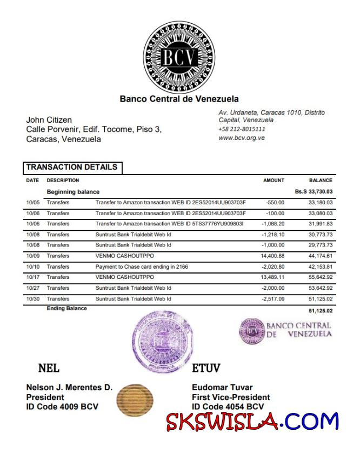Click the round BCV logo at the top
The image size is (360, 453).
pyautogui.click(x=179, y=56)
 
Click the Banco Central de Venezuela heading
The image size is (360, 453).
pyautogui.click(x=179, y=99)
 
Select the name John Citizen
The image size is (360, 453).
pyautogui.click(x=49, y=119)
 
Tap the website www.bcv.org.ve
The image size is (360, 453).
pyautogui.click(x=241, y=138)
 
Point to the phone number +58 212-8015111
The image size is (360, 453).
pyautogui.click(x=242, y=129)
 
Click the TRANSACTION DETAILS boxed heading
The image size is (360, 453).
pyautogui.click(x=72, y=168)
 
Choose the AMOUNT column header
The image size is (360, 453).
pyautogui.click(x=274, y=181)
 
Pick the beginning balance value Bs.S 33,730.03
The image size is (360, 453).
pyautogui.click(x=314, y=191)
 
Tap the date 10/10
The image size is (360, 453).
pyautogui.click(x=32, y=267)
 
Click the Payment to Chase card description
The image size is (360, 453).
pyautogui.click(x=142, y=267)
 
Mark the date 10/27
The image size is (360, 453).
pyautogui.click(x=32, y=288)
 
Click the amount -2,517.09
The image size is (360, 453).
pyautogui.click(x=274, y=299)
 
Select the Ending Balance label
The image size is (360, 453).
pyautogui.click(x=66, y=309)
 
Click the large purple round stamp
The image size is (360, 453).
pyautogui.click(x=162, y=343)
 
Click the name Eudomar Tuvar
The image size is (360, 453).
pyautogui.click(x=222, y=387)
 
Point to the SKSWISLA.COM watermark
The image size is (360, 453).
pyautogui.click(x=252, y=421)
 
